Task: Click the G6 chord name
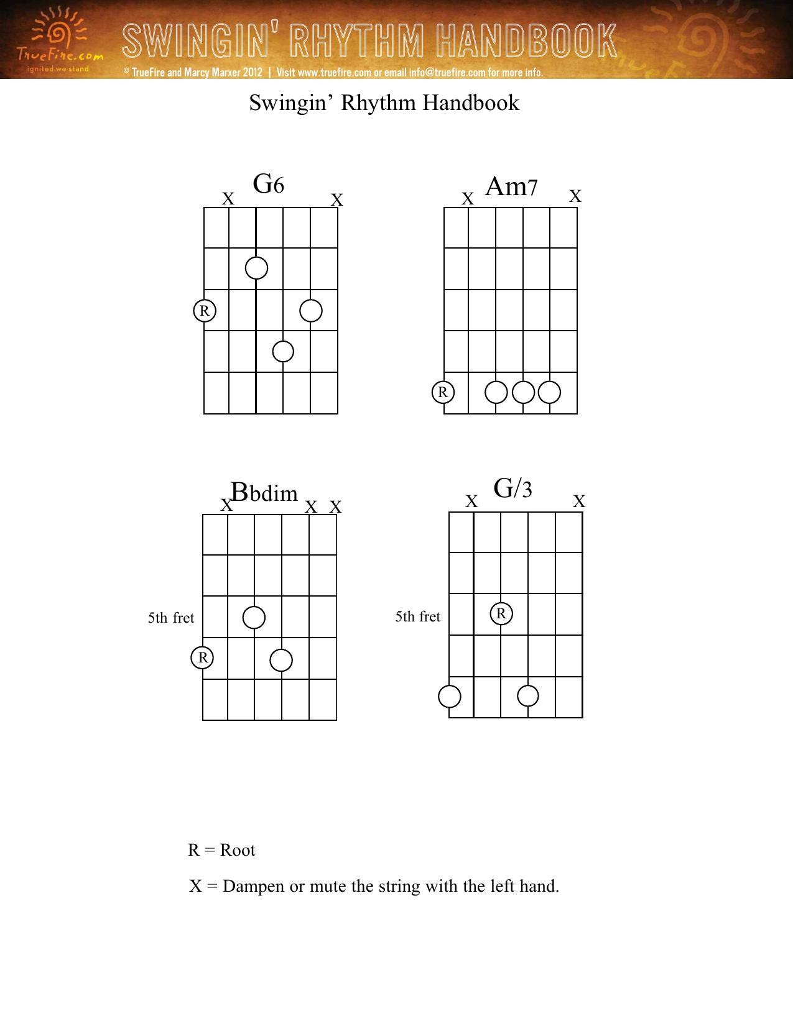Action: pyautogui.click(x=269, y=184)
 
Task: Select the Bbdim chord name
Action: pyautogui.click(x=264, y=492)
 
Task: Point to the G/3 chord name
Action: pyautogui.click(x=512, y=488)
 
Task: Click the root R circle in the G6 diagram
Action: pyautogui.click(x=205, y=311)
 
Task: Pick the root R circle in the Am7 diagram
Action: pyautogui.click(x=443, y=392)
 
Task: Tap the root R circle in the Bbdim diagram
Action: pyautogui.click(x=202, y=657)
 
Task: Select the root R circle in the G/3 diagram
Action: pyautogui.click(x=501, y=614)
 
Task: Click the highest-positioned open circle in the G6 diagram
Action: pyautogui.click(x=257, y=268)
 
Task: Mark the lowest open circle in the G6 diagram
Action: pyautogui.click(x=283, y=352)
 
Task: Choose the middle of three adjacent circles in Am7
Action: pyautogui.click(x=523, y=392)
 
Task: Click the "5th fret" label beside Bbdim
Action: pyautogui.click(x=171, y=618)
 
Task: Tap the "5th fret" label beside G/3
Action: pyautogui.click(x=418, y=616)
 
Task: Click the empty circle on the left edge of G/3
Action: pyautogui.click(x=450, y=697)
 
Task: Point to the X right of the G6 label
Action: pyautogui.click(x=337, y=200)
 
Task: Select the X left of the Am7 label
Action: pyautogui.click(x=467, y=199)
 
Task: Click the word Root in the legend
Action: pyautogui.click(x=238, y=850)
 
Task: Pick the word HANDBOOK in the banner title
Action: pyautogui.click(x=526, y=40)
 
